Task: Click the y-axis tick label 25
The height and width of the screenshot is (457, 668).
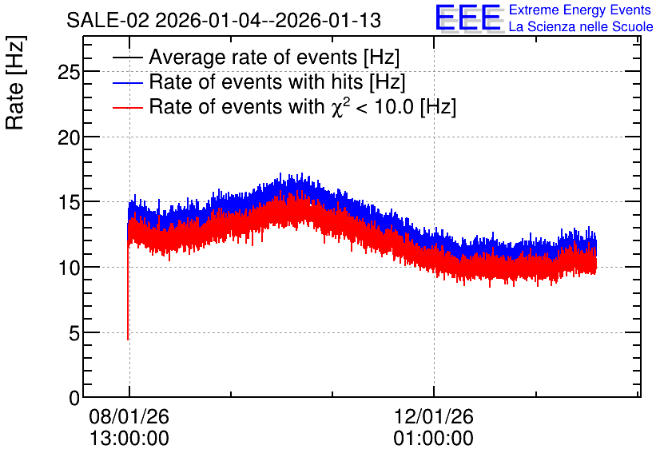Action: [69, 73]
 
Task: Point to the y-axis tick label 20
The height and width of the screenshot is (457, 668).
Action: [69, 137]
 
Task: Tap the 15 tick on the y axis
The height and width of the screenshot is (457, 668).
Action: [69, 203]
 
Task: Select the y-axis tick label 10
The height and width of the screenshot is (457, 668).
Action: [69, 268]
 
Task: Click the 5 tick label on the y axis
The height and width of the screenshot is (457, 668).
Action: [74, 333]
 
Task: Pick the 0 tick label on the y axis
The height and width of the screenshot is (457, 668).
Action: [74, 399]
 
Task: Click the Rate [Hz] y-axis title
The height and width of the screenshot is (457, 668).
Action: [15, 82]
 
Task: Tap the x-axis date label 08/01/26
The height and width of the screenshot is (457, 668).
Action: [129, 416]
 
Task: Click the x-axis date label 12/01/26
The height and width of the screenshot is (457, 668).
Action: [433, 416]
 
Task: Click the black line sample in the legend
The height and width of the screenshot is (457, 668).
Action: [128, 57]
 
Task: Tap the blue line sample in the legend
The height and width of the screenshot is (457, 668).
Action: [128, 82]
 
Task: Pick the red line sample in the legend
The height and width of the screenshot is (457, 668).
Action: [128, 107]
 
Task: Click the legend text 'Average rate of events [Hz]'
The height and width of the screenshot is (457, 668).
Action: [274, 57]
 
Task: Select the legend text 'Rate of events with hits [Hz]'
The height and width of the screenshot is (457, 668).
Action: [277, 81]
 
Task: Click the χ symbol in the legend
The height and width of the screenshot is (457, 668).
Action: [336, 108]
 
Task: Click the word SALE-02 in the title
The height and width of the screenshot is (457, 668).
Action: [108, 21]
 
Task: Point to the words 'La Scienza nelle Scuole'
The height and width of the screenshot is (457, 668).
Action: [581, 27]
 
